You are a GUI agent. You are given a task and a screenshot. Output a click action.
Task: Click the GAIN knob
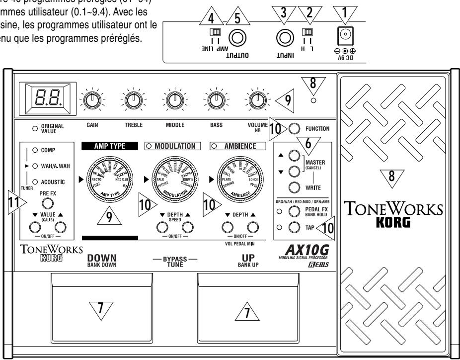[91, 99]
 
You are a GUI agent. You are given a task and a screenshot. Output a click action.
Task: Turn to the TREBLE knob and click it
[133, 99]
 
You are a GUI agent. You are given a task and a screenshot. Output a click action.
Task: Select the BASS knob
[215, 99]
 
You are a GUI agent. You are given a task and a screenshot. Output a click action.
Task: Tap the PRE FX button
[48, 203]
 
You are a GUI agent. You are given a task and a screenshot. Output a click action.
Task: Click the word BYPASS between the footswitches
[164, 258]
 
